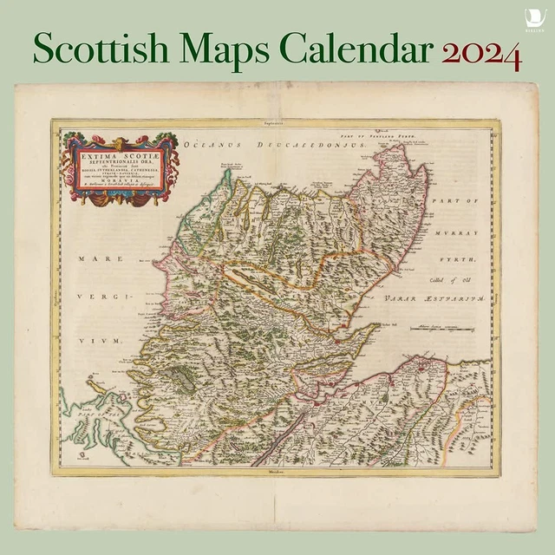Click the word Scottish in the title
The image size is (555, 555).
pos(108,49)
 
